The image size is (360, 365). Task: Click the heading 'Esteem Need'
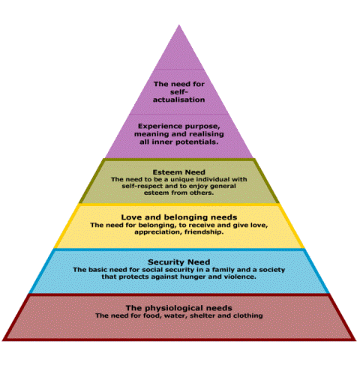click(x=178, y=172)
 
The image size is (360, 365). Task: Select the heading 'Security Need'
click(x=178, y=262)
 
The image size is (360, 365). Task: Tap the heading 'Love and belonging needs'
click(x=179, y=217)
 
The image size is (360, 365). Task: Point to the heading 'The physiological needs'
click(x=178, y=308)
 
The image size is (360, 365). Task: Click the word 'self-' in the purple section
click(x=178, y=92)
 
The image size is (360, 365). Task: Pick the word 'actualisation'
click(x=178, y=100)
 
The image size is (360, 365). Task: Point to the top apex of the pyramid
click(x=179, y=25)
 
